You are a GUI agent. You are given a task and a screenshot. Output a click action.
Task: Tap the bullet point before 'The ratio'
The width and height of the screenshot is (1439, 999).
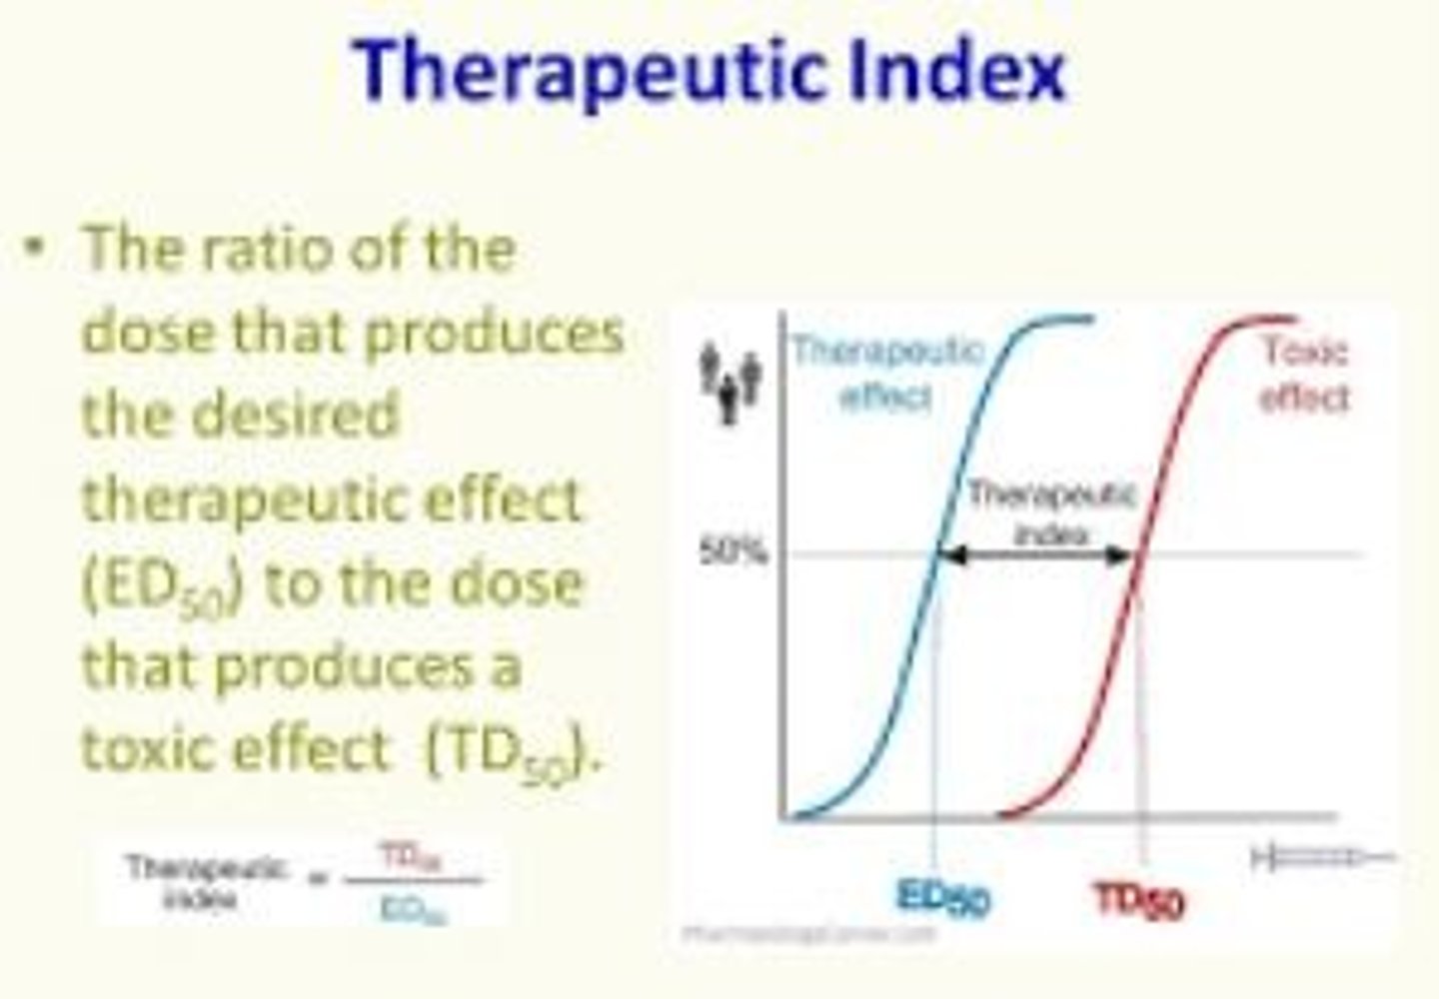(37, 248)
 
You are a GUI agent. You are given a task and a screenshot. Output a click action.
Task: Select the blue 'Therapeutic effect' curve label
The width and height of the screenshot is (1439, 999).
(887, 373)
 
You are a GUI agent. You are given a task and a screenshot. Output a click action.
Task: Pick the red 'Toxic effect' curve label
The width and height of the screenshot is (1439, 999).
(1304, 374)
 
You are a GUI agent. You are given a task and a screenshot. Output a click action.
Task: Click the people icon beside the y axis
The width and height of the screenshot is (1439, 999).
(730, 381)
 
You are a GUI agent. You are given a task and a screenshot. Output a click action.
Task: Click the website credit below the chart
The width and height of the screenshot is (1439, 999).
(810, 935)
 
